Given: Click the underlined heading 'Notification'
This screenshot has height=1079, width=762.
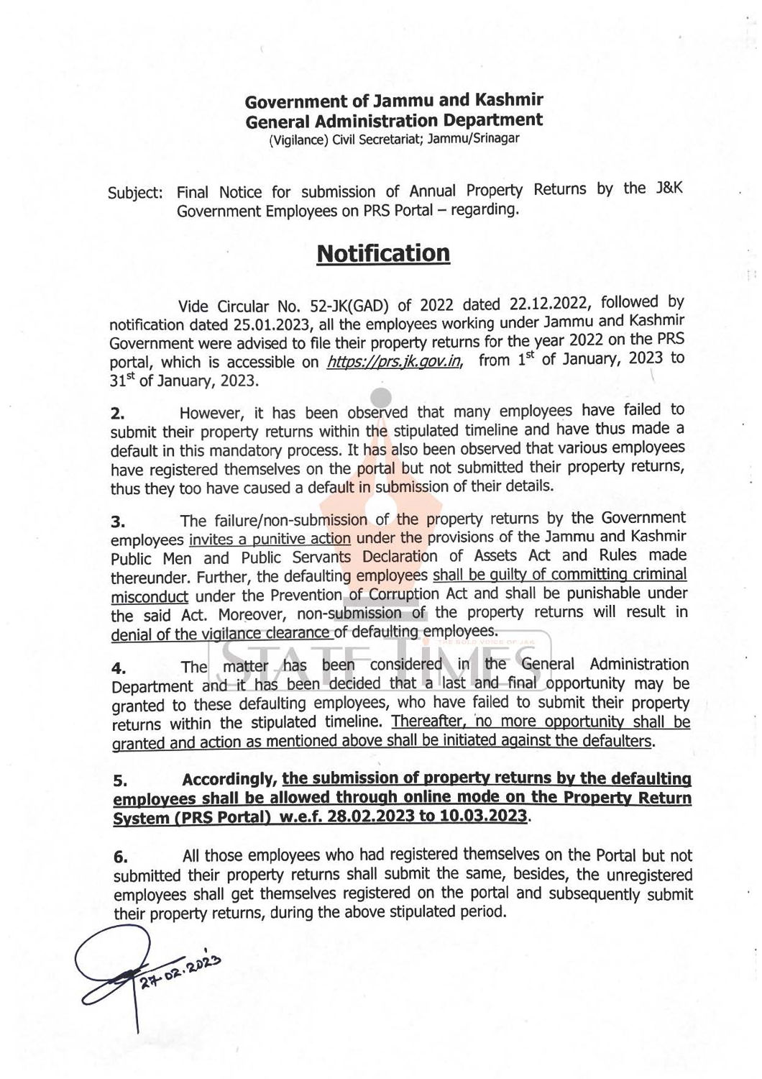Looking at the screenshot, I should point(383,254).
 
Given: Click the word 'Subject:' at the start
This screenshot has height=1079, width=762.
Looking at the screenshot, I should point(136,194).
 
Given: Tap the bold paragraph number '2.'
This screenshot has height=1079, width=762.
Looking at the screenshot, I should point(117,415).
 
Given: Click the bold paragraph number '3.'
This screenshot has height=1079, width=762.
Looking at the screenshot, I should point(117,522).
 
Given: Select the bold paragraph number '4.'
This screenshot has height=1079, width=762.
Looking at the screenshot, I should point(117,668).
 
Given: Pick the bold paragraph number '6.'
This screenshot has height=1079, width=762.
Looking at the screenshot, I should point(120,858).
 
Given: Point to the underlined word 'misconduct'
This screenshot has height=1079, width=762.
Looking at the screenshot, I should point(150,597).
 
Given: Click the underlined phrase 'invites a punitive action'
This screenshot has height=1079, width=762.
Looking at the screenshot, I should point(270,539).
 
